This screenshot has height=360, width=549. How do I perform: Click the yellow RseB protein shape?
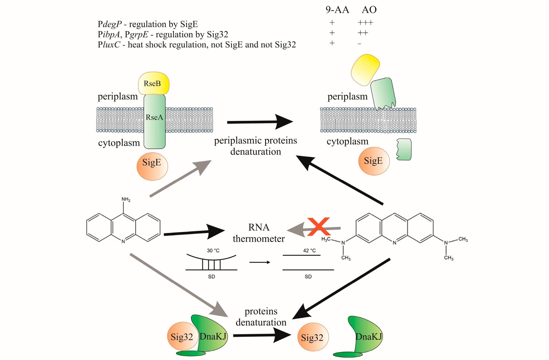pyautogui.click(x=153, y=83)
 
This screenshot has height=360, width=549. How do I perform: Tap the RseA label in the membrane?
pyautogui.click(x=154, y=117)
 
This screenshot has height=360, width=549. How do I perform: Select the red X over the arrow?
pyautogui.click(x=318, y=227)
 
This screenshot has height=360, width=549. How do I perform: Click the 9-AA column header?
pyautogui.click(x=337, y=10)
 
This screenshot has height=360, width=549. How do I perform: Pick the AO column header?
pyautogui.click(x=369, y=10)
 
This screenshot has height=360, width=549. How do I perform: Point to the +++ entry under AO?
pyautogui.click(x=365, y=23)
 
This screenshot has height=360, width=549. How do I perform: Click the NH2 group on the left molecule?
pyautogui.click(x=126, y=199)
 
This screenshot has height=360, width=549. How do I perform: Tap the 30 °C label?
pyautogui.click(x=213, y=251)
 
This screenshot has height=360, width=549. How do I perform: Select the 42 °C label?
pyautogui.click(x=309, y=251)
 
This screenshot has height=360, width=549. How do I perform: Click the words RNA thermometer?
pyautogui.click(x=258, y=233)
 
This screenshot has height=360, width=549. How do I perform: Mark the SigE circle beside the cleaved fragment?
pyautogui.click(x=374, y=161)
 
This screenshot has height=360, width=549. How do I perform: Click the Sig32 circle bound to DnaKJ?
pyautogui.click(x=182, y=337)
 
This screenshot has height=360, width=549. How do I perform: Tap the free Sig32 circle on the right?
pyautogui.click(x=313, y=337)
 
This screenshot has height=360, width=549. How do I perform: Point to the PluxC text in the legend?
pyautogui.click(x=109, y=45)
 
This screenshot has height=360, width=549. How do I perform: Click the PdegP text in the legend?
pyautogui.click(x=110, y=24)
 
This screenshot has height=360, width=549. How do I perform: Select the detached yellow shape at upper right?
pyautogui.click(x=365, y=69)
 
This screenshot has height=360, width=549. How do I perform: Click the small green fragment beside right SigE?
pyautogui.click(x=404, y=149)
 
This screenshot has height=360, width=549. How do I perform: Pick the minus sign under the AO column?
pyautogui.click(x=359, y=44)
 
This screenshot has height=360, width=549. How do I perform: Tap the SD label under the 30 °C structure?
pyautogui.click(x=212, y=277)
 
